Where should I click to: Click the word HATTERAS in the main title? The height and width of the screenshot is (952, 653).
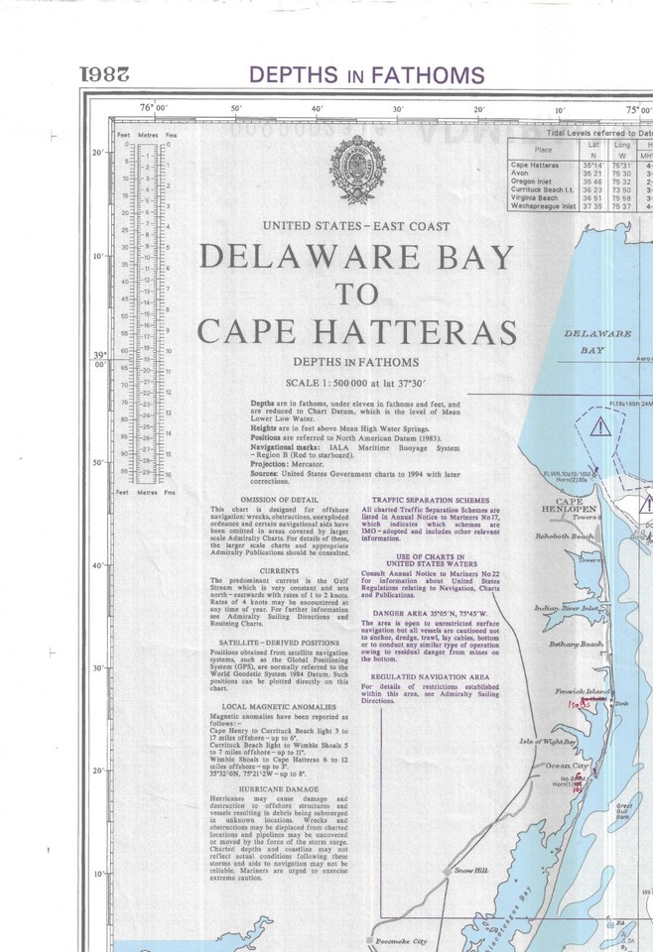[417, 330]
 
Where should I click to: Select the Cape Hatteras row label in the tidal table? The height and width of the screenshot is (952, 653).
[534, 165]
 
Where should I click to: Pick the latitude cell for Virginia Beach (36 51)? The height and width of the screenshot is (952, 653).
[593, 197]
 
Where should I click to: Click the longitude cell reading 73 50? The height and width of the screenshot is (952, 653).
[623, 189]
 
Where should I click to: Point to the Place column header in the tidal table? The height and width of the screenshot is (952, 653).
[536, 149]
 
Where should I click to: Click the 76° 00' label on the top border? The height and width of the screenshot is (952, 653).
[154, 108]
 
